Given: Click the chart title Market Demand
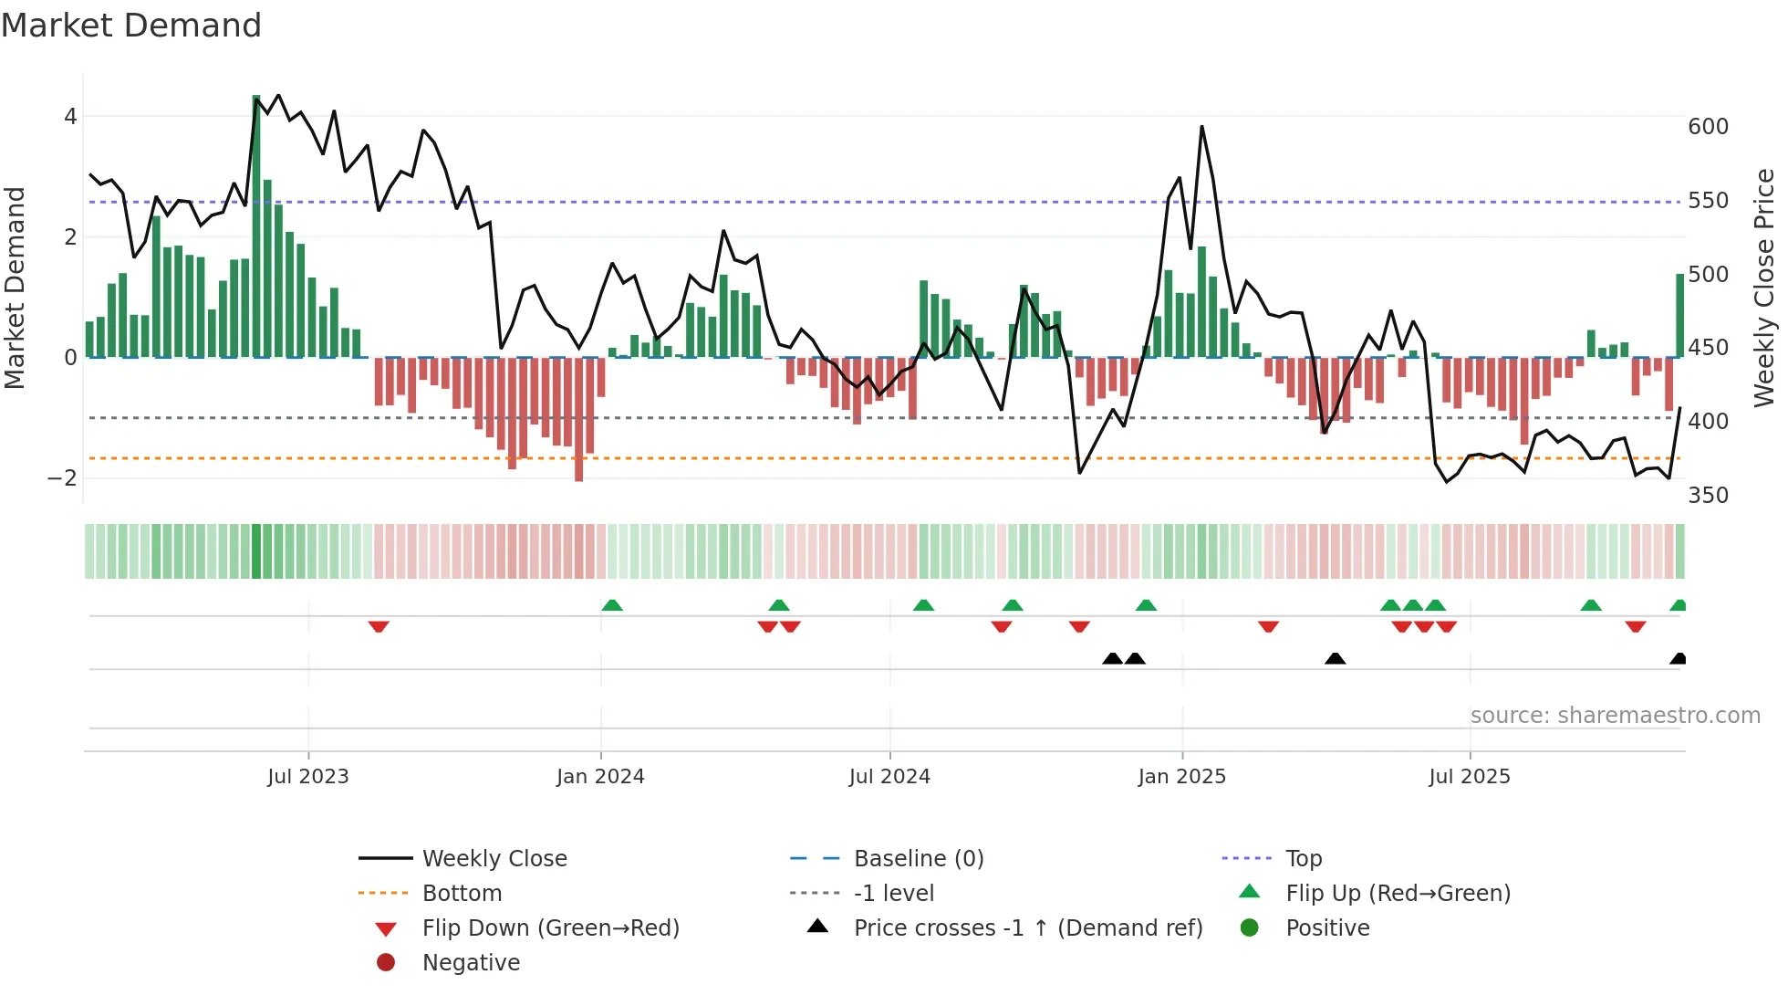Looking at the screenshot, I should (131, 26).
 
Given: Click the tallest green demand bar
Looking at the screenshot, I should (256, 228).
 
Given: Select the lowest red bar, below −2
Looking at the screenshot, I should (579, 420).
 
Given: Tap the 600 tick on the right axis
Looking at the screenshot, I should (1708, 127).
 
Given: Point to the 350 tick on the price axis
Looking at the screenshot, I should (1708, 496).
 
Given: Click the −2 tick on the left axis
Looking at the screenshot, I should (62, 478).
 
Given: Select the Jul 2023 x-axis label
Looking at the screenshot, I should (308, 777).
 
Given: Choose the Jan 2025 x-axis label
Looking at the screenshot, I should (1182, 777).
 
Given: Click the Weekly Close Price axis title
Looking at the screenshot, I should (1764, 288).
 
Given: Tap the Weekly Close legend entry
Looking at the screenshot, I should (494, 859).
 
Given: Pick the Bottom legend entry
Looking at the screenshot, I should (462, 894).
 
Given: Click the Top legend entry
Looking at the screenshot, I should (1304, 859).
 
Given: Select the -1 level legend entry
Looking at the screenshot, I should (894, 894).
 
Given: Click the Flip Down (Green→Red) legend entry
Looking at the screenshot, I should (550, 928).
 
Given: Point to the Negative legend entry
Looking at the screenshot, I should (471, 963).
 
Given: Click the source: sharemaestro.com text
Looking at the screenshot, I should (1615, 716).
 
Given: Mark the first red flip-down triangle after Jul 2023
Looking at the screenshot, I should (379, 626).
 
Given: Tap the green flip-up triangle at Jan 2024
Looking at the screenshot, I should (612, 605).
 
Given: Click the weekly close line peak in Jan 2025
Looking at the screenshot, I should (1201, 128).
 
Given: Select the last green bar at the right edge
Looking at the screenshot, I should (1679, 316).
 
